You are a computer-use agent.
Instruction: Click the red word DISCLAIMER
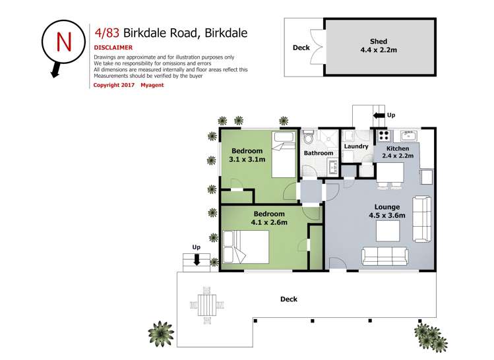pyautogui.click(x=113, y=47)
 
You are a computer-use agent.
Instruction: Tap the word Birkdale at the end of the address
pyautogui.click(x=226, y=32)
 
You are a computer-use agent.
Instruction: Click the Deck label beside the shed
pyautogui.click(x=301, y=47)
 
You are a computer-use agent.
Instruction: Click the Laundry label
pyautogui.click(x=355, y=146)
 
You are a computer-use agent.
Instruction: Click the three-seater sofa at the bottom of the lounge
pyautogui.click(x=385, y=255)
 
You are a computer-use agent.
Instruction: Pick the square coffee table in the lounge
pyautogui.click(x=387, y=231)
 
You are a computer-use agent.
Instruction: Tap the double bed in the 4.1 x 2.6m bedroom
pyautogui.click(x=245, y=250)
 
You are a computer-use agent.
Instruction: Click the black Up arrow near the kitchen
pyautogui.click(x=379, y=115)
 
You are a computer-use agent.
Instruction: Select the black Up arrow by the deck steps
pyautogui.click(x=196, y=260)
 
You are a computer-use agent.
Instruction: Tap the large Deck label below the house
pyautogui.click(x=288, y=299)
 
